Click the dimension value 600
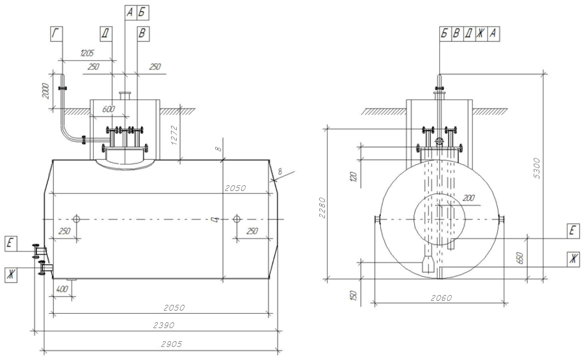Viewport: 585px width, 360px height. pyautogui.click(x=109, y=109)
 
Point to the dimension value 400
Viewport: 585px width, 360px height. pyautogui.click(x=62, y=289)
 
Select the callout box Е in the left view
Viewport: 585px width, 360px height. pyautogui.click(x=10, y=244)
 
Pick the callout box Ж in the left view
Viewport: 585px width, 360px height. pyautogui.click(x=10, y=274)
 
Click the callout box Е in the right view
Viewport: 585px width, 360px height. pyautogui.click(x=572, y=230)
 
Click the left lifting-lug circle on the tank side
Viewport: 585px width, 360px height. pyautogui.click(x=77, y=219)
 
